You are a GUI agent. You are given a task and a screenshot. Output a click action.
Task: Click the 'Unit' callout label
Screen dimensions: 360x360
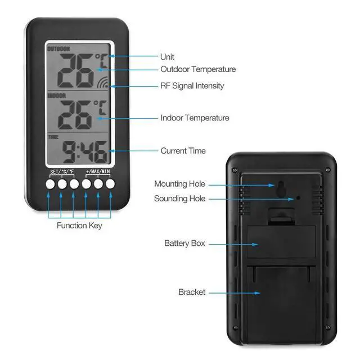pyautogui.click(x=167, y=57)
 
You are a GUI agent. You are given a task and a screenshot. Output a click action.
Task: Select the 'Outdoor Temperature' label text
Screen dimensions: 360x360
pyautogui.click(x=198, y=69)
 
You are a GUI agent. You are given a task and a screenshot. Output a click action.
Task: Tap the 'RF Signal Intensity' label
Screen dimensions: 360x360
pyautogui.click(x=192, y=85)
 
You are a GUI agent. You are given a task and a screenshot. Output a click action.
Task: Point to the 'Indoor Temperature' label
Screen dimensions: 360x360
pyautogui.click(x=195, y=118)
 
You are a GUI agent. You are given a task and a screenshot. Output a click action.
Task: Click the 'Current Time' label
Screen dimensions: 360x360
pyautogui.click(x=183, y=151)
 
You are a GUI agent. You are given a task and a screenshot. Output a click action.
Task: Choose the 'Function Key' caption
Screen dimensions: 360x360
pyautogui.click(x=79, y=226)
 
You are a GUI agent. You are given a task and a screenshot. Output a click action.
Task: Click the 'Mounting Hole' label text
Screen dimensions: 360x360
pyautogui.click(x=180, y=184)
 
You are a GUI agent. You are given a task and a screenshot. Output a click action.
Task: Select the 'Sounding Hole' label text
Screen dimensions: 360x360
pyautogui.click(x=180, y=199)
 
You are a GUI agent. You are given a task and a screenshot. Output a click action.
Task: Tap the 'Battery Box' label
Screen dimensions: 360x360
pyautogui.click(x=184, y=244)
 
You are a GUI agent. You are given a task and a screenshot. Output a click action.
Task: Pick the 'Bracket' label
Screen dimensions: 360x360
pyautogui.click(x=192, y=292)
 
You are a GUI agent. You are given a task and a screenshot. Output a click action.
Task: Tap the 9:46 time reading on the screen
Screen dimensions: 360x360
pyautogui.click(x=85, y=152)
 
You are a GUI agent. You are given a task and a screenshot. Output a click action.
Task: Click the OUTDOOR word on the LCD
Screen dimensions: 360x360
pyautogui.click(x=58, y=49)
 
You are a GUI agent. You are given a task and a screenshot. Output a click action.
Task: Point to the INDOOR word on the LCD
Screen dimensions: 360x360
pyautogui.click(x=56, y=95)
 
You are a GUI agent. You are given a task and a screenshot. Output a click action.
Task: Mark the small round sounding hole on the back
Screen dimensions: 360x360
pyautogui.click(x=299, y=197)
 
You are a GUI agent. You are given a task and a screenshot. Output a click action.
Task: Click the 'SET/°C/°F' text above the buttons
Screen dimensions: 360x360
pyautogui.click(x=62, y=172)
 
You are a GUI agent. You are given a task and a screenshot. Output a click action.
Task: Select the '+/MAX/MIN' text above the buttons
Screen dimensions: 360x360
pyautogui.click(x=98, y=171)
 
